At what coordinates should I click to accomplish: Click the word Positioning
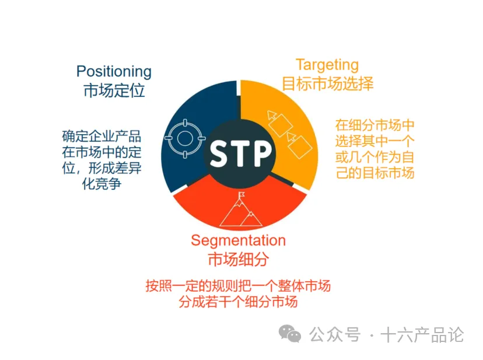(114, 72)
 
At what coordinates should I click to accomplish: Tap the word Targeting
(327, 65)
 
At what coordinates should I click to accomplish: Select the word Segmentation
(238, 240)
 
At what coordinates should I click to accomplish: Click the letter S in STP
(219, 153)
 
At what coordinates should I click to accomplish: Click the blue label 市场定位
(114, 91)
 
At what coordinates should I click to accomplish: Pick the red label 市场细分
(238, 258)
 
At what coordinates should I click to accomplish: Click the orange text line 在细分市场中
(374, 125)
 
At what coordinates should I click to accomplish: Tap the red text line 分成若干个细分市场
(238, 302)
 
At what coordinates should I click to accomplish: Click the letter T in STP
(240, 153)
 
